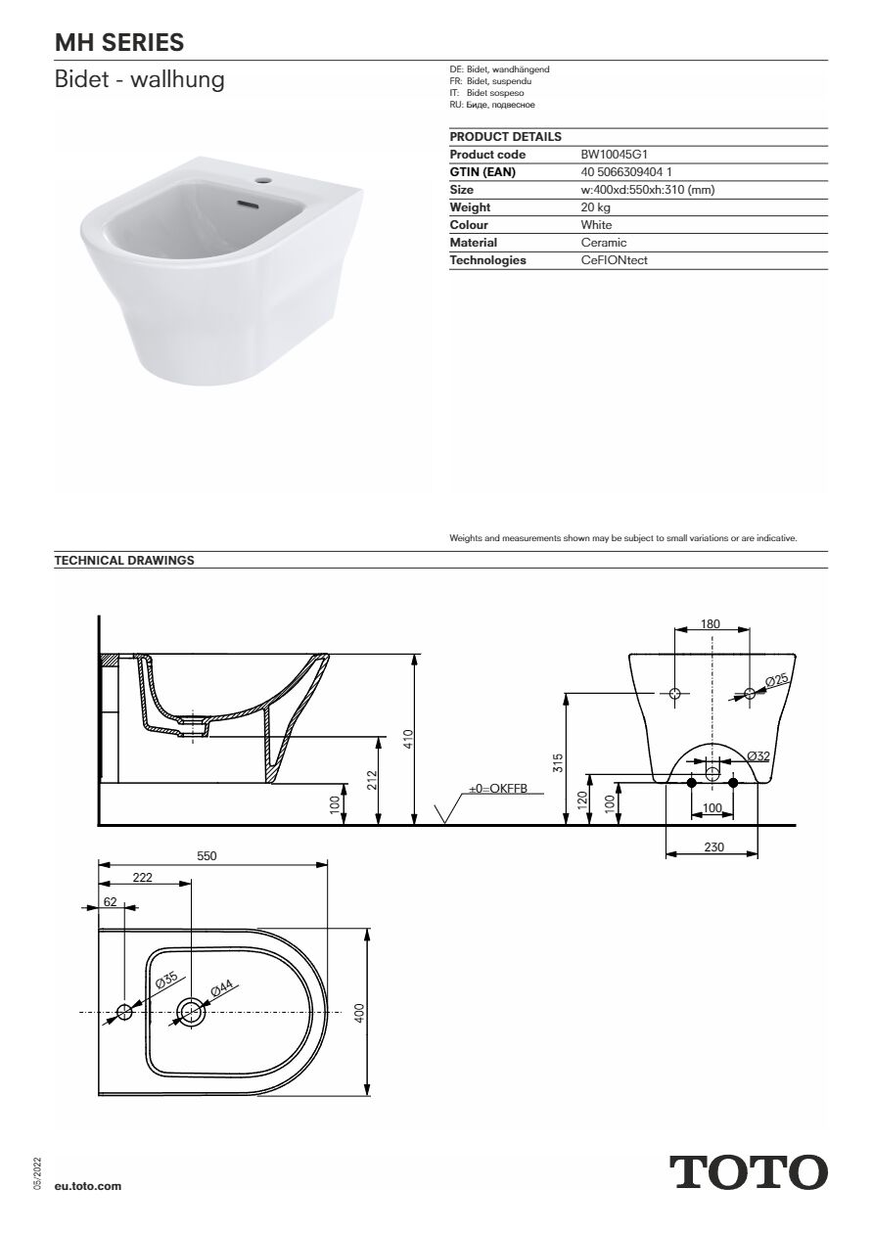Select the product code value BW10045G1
click(615, 155)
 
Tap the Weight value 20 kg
click(596, 207)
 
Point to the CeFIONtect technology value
click(615, 260)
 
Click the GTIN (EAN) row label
click(482, 172)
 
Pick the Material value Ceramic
click(604, 243)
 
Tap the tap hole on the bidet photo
click(263, 181)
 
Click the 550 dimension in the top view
click(207, 856)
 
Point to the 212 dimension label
click(372, 780)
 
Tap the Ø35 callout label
click(166, 980)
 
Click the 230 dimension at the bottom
click(713, 847)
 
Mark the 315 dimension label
click(558, 763)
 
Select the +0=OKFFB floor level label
click(498, 788)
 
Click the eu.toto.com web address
click(88, 1185)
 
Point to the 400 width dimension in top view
click(359, 1012)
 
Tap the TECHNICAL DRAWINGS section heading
click(124, 561)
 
